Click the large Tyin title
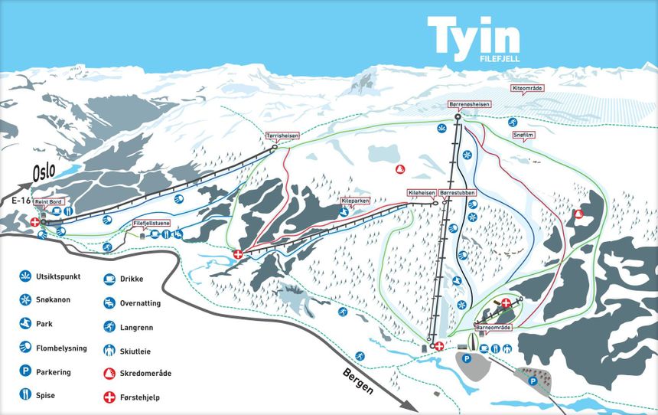point(474,36)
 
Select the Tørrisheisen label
point(282,136)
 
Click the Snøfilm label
point(523,136)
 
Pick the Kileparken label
point(355,201)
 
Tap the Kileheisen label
point(421,193)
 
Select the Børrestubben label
point(458,193)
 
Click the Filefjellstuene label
point(151,224)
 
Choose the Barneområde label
point(493,326)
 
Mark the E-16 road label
point(21,199)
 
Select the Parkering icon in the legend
point(26,371)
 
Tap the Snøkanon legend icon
point(26,299)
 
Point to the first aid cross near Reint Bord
point(35,222)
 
